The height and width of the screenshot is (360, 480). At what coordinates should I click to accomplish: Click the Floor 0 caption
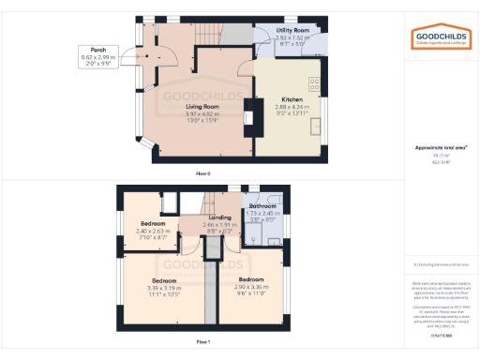click(x=202, y=174)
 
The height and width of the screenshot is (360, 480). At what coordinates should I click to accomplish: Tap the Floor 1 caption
click(x=202, y=342)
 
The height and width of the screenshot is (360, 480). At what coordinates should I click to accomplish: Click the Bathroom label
click(x=263, y=205)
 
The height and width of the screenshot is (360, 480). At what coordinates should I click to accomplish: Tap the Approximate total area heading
click(x=441, y=147)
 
